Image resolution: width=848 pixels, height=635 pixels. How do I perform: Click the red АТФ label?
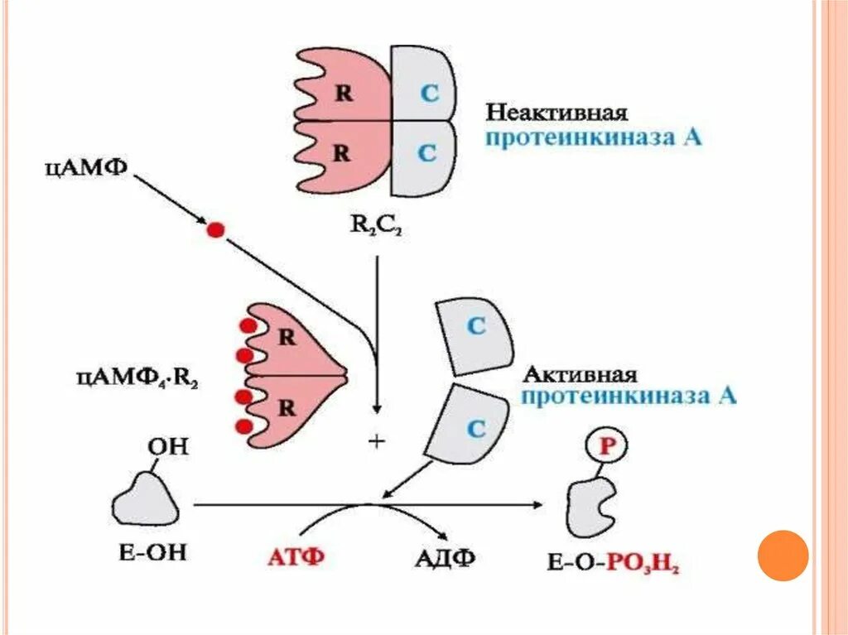[296, 556]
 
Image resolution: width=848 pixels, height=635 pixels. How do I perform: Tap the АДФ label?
[444, 556]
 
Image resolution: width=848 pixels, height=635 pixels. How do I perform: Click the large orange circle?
[783, 555]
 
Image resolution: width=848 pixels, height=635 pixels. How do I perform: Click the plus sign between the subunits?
[378, 442]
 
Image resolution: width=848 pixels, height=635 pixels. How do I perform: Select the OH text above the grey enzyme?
[168, 447]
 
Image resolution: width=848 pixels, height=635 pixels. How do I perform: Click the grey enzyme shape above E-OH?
[145, 497]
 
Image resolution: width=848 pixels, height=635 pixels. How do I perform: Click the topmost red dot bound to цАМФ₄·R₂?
[245, 325]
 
